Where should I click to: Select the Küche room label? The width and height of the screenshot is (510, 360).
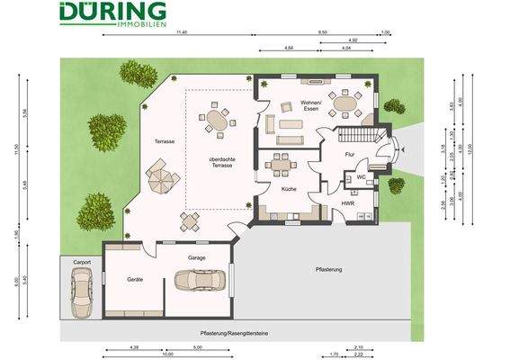(289, 190)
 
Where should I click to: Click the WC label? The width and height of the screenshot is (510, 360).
(360, 177)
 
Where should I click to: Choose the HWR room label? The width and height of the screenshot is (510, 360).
(347, 204)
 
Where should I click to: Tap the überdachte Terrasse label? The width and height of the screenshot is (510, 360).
(216, 163)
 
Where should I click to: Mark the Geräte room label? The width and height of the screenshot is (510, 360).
(135, 280)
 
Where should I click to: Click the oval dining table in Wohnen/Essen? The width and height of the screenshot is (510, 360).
(345, 102)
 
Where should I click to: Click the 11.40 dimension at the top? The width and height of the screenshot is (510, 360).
(182, 32)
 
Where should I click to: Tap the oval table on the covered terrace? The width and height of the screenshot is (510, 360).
(216, 119)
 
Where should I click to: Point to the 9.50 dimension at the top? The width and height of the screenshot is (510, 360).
(323, 32)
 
